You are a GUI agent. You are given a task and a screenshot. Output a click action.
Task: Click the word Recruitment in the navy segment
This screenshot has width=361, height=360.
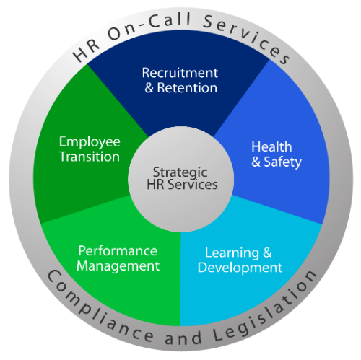180,73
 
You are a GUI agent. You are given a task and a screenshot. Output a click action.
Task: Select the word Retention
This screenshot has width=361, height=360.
187,88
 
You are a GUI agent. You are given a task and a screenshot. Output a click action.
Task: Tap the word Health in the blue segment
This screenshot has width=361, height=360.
271,146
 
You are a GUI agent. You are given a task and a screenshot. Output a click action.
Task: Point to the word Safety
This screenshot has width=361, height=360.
282,162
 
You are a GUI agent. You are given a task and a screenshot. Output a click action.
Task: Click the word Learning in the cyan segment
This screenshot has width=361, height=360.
232,253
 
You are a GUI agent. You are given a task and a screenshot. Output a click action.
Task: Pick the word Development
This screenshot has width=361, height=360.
240,268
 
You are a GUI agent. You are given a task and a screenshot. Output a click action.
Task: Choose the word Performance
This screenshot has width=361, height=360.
118,251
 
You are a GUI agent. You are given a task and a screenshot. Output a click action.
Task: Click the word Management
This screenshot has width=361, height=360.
118,266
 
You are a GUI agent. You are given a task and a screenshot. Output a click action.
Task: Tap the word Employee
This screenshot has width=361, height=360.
90,142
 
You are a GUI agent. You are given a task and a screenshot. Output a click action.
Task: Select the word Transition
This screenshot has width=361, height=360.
90,157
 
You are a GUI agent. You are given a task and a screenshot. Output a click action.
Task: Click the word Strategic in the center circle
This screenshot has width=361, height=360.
180,173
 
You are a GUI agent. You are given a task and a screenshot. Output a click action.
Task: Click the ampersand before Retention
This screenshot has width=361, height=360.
149,88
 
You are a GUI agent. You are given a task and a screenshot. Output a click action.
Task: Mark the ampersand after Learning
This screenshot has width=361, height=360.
267,253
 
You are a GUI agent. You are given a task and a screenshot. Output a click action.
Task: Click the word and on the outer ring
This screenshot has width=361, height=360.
183,337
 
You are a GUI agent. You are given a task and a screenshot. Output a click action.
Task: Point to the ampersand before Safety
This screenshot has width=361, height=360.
256,162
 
